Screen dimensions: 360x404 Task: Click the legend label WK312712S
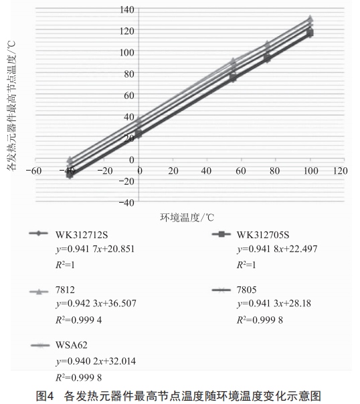82,235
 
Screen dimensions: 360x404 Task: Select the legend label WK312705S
263,235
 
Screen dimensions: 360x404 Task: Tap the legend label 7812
65,290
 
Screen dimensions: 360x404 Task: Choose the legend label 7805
247,290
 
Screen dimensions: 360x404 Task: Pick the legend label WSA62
72,345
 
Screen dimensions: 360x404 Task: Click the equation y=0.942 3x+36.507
96,304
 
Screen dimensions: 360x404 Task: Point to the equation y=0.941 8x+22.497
277,249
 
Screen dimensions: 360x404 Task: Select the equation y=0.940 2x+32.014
96,361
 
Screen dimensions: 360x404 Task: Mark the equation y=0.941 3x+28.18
274,304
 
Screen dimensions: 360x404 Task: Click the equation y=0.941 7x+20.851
95,249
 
